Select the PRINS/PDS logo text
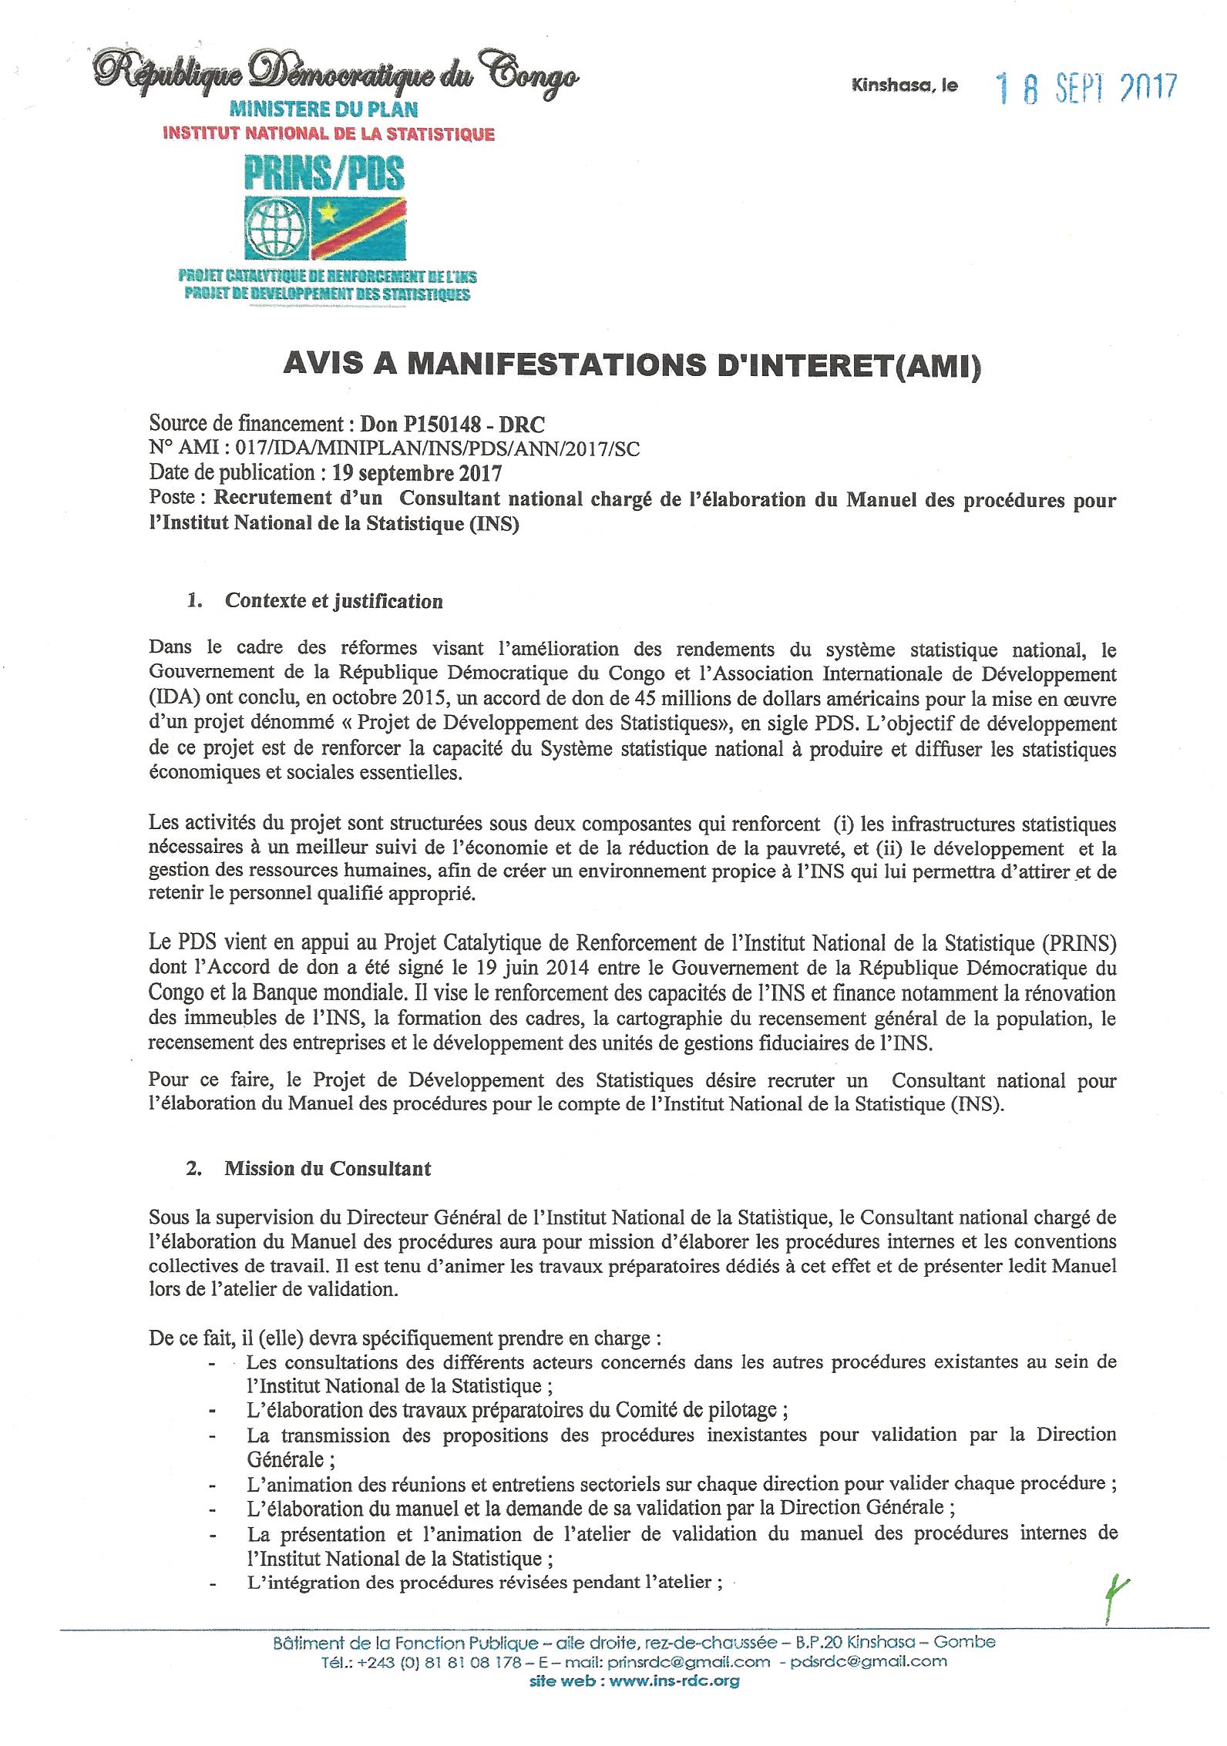click(x=324, y=173)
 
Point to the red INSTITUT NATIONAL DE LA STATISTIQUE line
click(x=328, y=134)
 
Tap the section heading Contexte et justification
click(x=334, y=600)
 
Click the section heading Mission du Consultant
click(x=328, y=1169)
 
